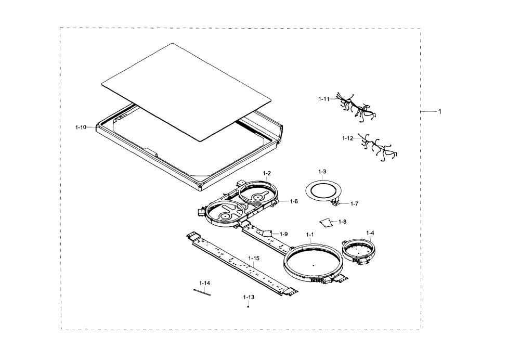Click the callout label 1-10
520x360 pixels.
click(81, 127)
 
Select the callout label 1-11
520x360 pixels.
click(324, 99)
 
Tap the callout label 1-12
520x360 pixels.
click(347, 138)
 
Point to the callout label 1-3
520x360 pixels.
click(322, 172)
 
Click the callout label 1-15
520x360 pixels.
click(254, 258)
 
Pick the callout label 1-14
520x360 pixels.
click(204, 283)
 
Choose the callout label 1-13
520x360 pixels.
click(249, 297)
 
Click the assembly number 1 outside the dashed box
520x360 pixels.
click(440, 111)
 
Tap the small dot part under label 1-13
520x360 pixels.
click(248, 306)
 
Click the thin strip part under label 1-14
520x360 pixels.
click(202, 292)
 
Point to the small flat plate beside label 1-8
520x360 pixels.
click(326, 222)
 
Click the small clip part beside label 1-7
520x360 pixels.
click(335, 202)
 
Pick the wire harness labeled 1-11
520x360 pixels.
click(356, 107)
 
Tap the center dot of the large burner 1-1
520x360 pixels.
click(313, 265)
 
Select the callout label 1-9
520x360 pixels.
click(283, 234)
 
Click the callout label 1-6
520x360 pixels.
click(293, 201)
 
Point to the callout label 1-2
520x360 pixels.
click(267, 173)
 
